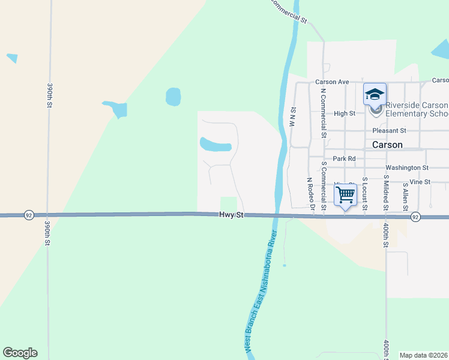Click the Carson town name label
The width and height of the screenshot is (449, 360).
(387, 145)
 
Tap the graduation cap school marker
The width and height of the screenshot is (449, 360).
(375, 95)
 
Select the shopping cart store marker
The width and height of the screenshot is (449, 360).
(346, 195)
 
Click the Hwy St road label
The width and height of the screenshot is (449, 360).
(232, 214)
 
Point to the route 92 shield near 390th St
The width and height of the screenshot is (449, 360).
(29, 215)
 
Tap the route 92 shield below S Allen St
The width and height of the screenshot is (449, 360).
(416, 217)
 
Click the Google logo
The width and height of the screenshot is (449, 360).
(20, 352)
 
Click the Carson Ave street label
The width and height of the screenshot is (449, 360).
(333, 82)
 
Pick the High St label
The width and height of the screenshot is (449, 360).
(345, 113)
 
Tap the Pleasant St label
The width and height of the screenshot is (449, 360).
(389, 130)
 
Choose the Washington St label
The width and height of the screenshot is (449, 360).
(407, 168)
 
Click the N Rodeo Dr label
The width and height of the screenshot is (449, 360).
(311, 194)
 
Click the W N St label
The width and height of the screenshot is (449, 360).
(293, 117)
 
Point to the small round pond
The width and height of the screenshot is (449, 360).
(173, 95)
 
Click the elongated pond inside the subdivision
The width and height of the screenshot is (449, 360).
(215, 145)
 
